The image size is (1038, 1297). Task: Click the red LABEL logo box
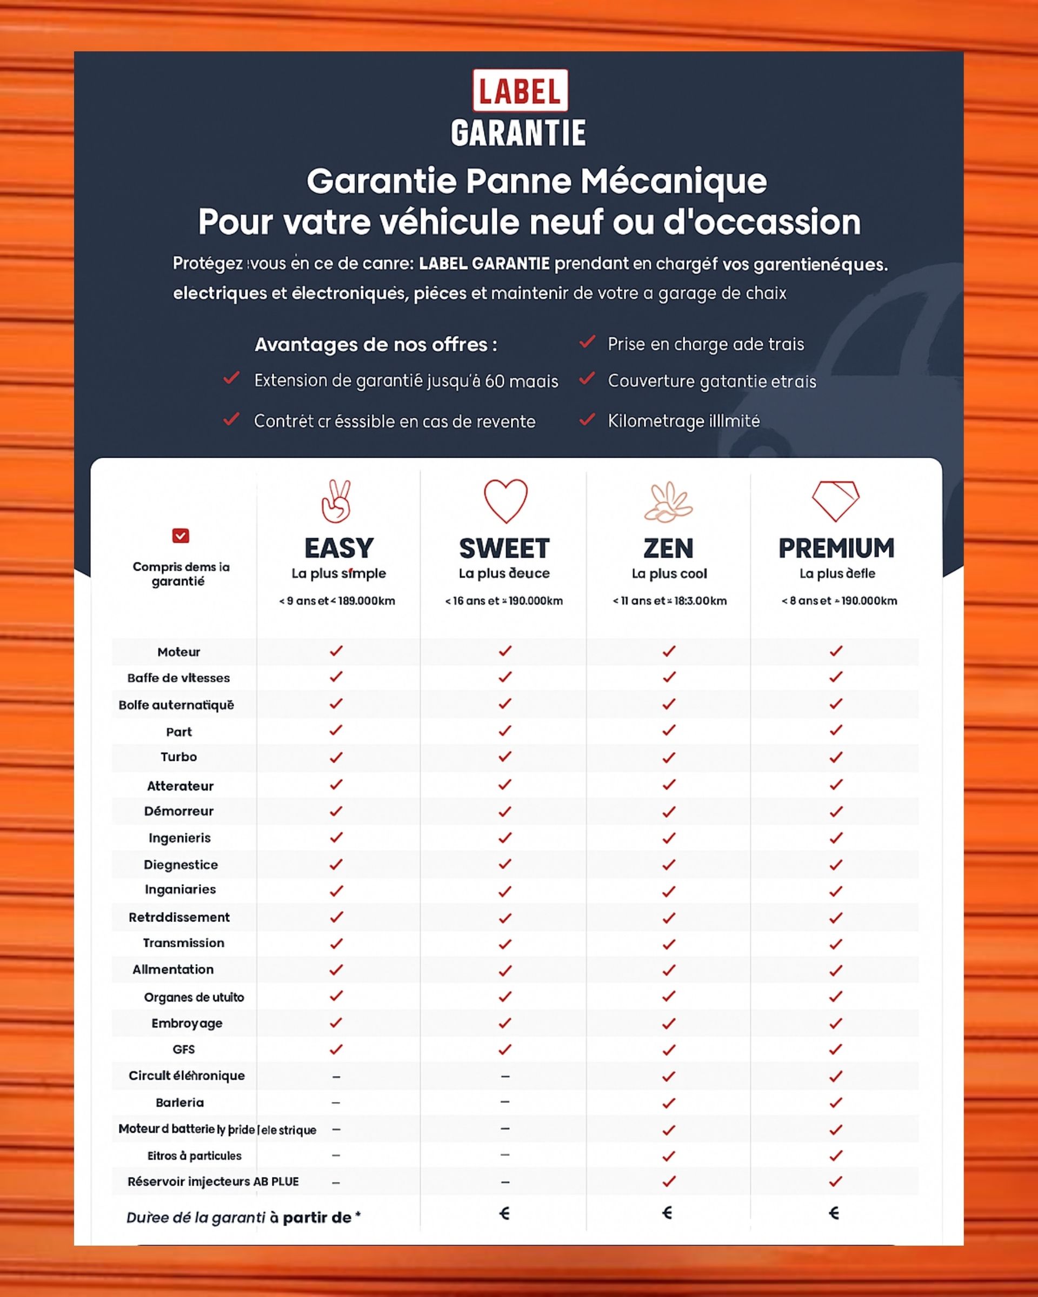520,90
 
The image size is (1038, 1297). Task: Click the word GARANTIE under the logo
518,133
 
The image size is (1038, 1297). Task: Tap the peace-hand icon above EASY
336,500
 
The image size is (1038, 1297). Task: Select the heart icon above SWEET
505,500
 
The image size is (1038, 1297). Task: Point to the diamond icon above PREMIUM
835,500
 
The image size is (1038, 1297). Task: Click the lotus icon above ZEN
669,502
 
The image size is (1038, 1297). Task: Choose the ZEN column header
669,548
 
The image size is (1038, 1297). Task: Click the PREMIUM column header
836,548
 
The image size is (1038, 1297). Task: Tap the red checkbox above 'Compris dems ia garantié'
181,536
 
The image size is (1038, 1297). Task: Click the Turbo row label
179,757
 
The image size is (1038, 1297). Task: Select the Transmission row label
183,942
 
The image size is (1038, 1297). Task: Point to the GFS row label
183,1049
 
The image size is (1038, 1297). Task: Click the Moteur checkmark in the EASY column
336,651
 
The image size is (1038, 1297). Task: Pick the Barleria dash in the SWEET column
505,1101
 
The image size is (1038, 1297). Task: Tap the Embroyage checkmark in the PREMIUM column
835,1022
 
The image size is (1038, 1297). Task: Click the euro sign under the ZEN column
667,1213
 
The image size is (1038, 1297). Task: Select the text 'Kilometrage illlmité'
683,420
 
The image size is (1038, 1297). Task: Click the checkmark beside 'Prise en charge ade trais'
587,342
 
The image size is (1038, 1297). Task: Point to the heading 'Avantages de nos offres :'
376,345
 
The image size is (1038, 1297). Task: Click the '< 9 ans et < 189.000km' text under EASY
337,601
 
